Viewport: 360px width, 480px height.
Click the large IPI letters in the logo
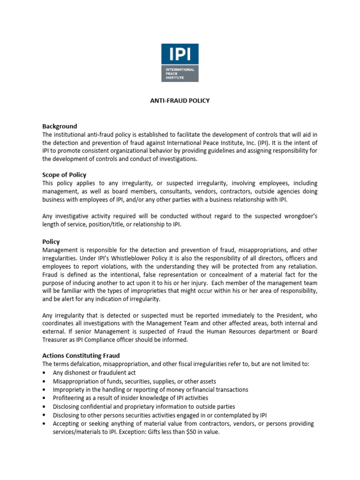[180, 55]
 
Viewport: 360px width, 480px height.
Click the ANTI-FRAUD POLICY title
[180, 101]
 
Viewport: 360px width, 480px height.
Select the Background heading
[60, 127]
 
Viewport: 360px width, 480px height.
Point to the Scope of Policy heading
[64, 175]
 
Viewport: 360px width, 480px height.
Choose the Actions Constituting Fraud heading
[81, 356]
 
